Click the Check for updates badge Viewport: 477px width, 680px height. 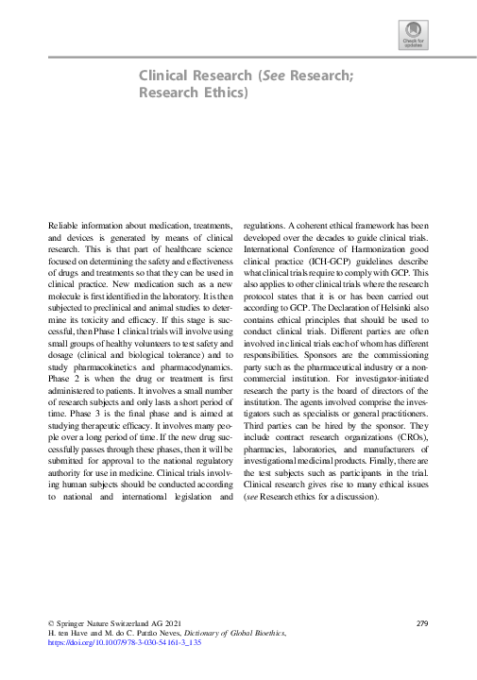[414, 39]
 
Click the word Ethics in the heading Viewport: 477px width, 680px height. [225, 93]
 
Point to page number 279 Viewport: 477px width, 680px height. [422, 624]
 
